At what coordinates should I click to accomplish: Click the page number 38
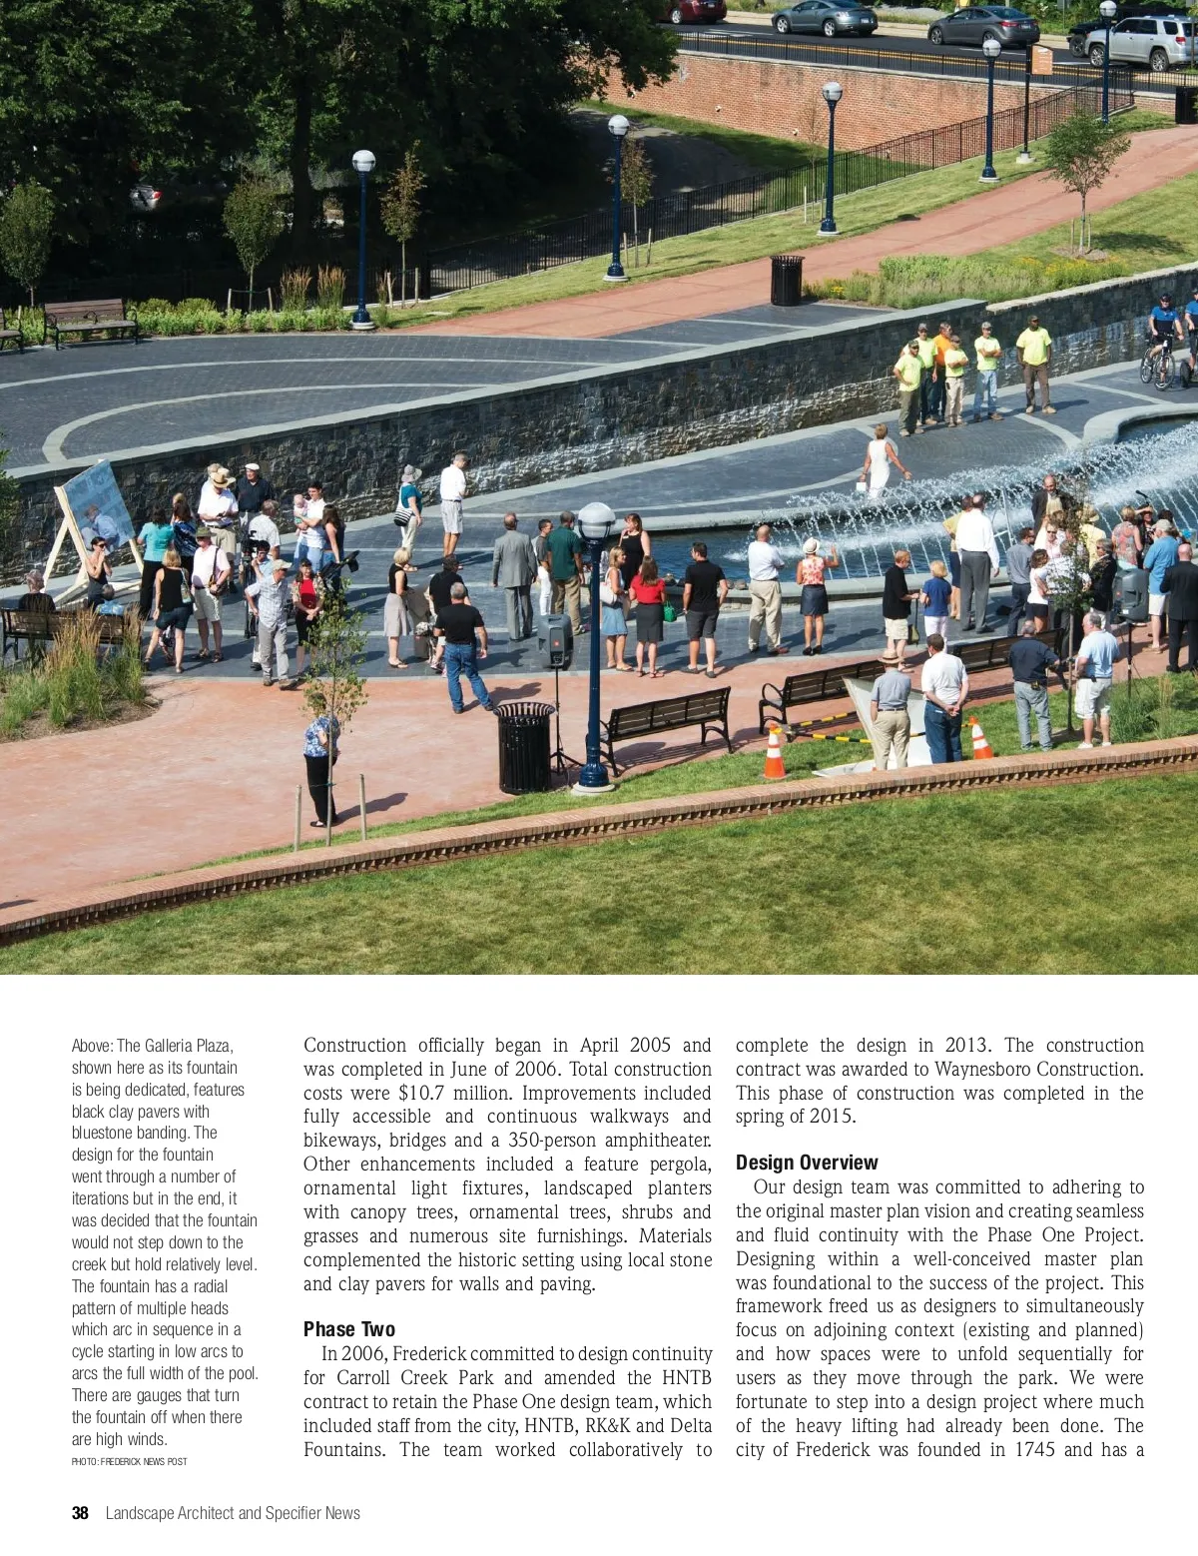tap(80, 1513)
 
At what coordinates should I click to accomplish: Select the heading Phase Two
tap(349, 1329)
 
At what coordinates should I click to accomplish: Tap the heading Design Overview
tap(807, 1163)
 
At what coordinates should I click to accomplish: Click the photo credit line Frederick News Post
tap(129, 1461)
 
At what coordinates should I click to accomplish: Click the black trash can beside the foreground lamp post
tap(525, 747)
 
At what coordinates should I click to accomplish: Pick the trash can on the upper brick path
tap(787, 280)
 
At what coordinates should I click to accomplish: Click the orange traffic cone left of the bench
tap(775, 753)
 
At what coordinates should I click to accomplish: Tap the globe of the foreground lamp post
tap(596, 520)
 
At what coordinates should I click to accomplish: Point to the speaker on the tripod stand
tap(555, 640)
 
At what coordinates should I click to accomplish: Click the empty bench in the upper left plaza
tap(90, 321)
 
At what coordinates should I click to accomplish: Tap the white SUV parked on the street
tap(1141, 43)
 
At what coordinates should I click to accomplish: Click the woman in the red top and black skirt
tap(647, 611)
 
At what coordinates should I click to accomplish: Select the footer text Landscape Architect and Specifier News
tap(233, 1513)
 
